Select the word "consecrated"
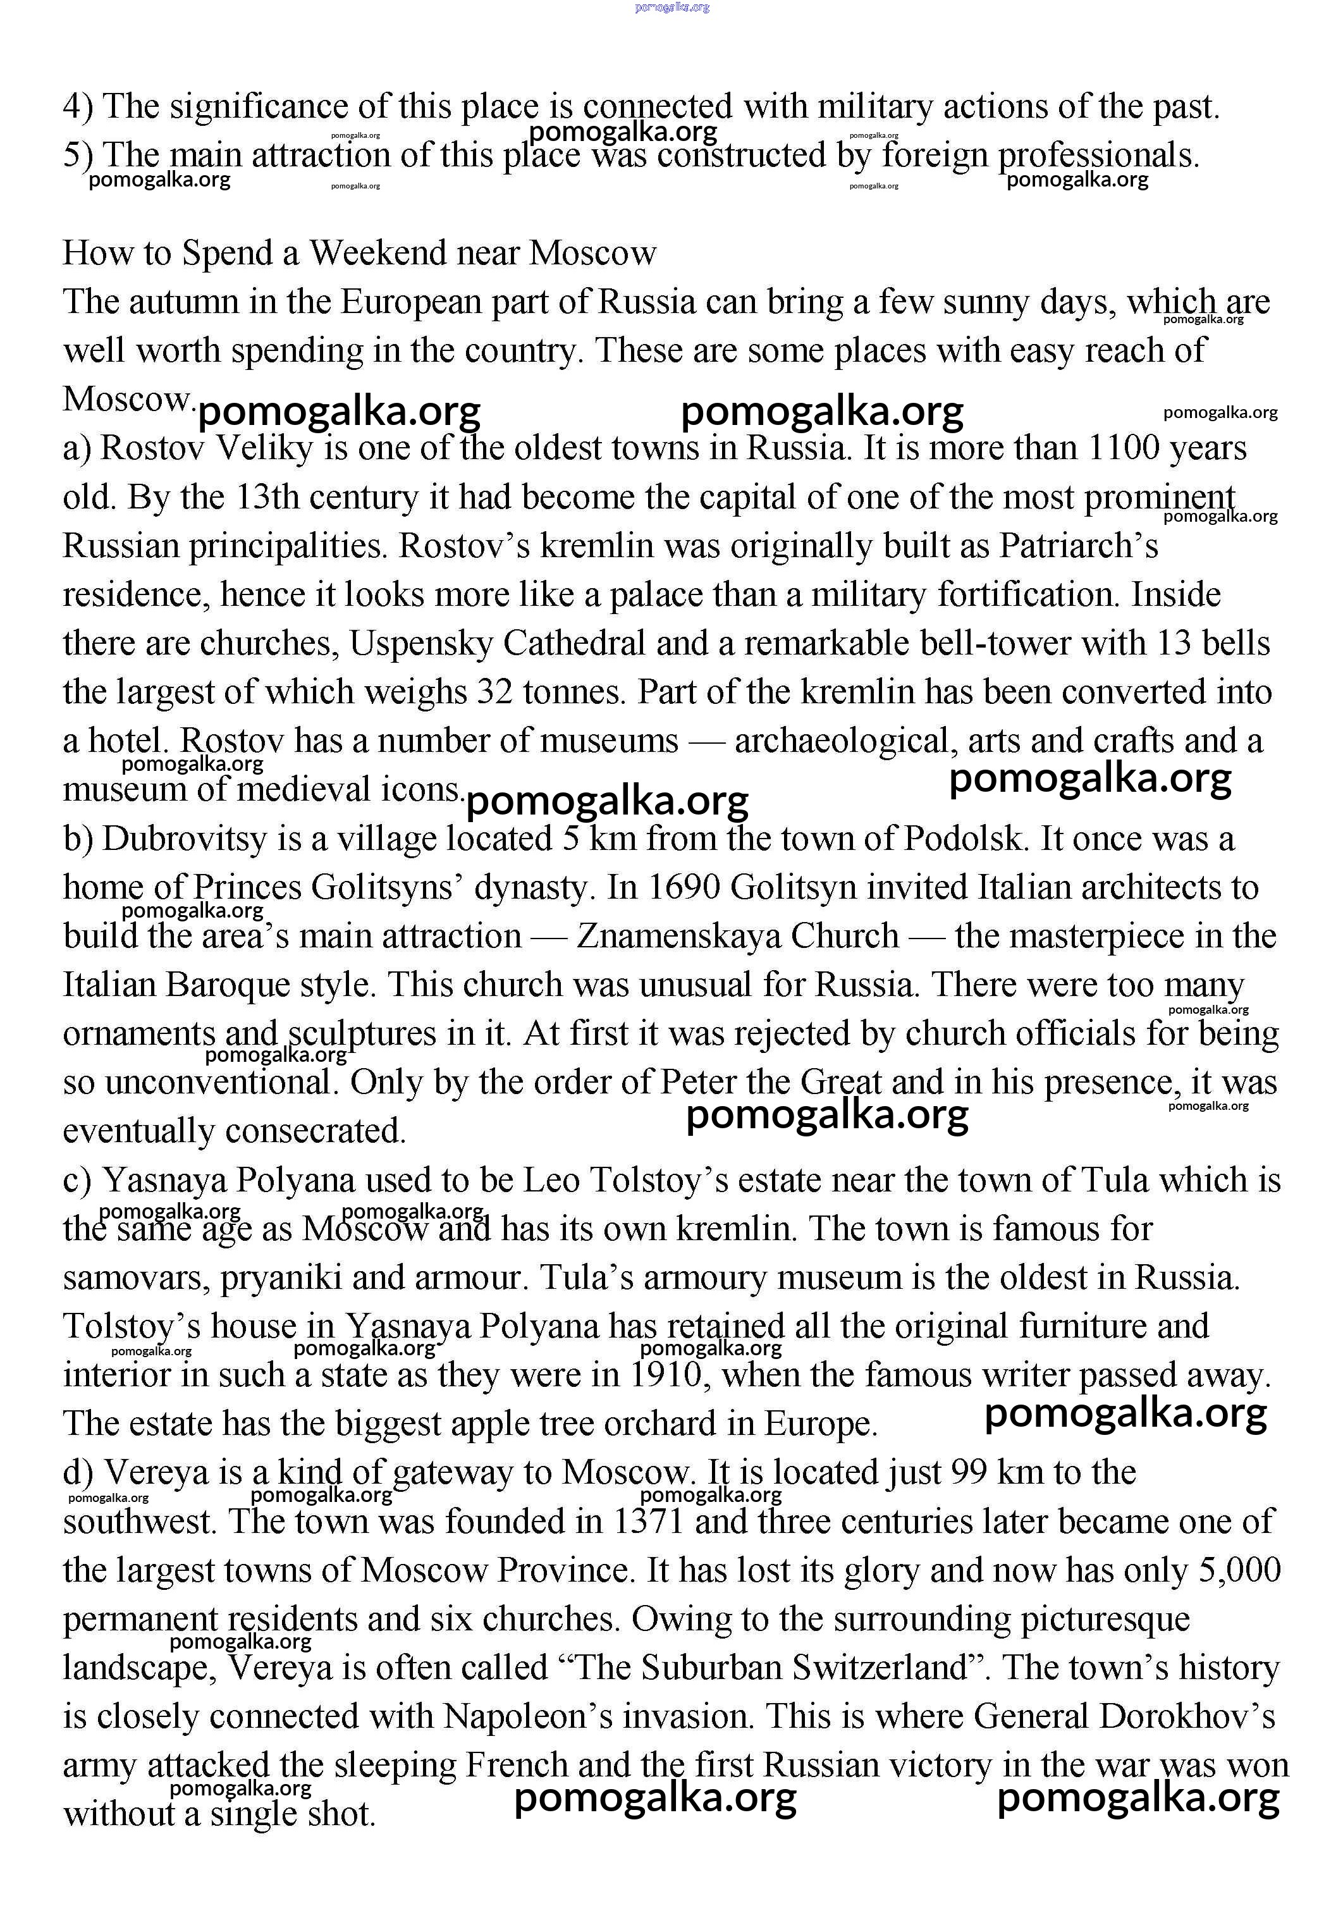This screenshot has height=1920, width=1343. point(317,1131)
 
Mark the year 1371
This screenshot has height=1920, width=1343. point(648,1521)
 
